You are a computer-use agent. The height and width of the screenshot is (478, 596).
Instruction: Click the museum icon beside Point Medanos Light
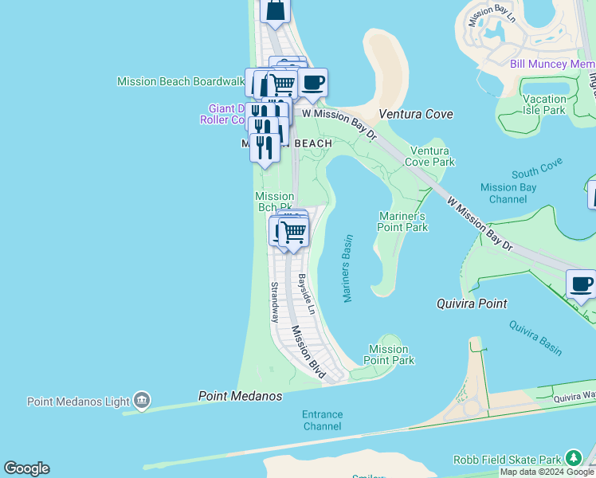tap(142, 400)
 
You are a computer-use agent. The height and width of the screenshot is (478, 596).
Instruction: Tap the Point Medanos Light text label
tap(77, 402)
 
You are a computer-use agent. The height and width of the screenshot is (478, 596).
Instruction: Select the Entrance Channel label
tap(322, 420)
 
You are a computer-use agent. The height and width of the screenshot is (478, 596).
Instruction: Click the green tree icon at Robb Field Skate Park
tap(574, 458)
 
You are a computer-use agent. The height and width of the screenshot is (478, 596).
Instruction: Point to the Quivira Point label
tap(472, 304)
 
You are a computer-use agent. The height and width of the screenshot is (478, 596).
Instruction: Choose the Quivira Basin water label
tap(536, 338)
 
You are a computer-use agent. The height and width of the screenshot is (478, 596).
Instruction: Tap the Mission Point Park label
tap(389, 355)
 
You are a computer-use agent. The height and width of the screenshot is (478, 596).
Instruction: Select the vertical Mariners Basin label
tap(347, 268)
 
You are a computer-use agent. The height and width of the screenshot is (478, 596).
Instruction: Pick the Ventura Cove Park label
tap(432, 156)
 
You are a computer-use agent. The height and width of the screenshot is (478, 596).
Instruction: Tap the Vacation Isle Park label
tap(544, 104)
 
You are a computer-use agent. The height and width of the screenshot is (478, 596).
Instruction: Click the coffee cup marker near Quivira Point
tap(581, 284)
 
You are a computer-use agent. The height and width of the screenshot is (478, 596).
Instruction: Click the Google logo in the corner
tap(26, 468)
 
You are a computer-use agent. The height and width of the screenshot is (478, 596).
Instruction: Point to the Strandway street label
tap(274, 302)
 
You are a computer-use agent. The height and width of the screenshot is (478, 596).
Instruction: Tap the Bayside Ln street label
tap(306, 294)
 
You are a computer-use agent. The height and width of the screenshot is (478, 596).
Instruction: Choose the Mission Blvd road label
tap(308, 351)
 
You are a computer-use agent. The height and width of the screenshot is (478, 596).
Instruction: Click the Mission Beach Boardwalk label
tap(180, 81)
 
